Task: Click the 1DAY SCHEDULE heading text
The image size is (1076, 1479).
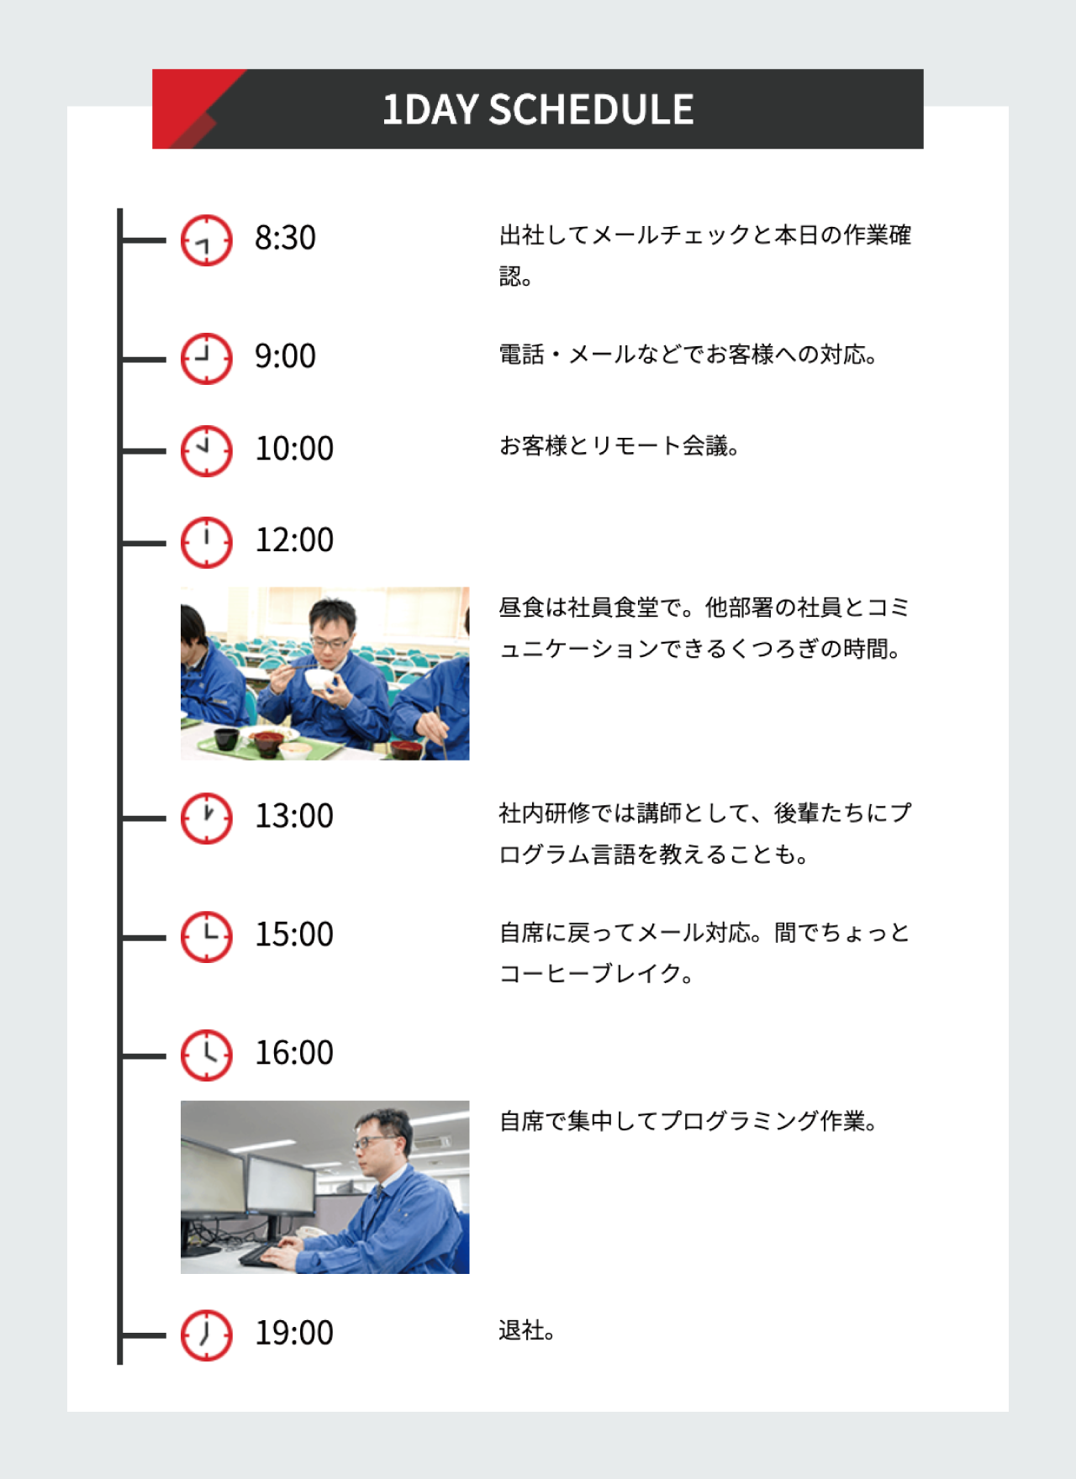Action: point(538,109)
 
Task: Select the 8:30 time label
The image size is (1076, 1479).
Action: point(286,238)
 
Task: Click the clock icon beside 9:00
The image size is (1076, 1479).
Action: point(206,359)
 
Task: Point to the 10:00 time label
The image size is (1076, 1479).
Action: point(294,449)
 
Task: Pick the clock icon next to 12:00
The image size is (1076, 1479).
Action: point(206,542)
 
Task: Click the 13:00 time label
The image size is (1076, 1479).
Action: point(294,816)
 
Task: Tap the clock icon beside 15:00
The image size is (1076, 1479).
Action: point(206,936)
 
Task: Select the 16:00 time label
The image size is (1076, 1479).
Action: point(294,1053)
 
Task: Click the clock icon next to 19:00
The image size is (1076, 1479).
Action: point(206,1334)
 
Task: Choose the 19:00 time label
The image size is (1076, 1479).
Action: point(294,1333)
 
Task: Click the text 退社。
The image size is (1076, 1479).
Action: point(526,1330)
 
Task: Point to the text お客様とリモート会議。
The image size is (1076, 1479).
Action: point(620,445)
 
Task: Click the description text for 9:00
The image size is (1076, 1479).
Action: point(688,355)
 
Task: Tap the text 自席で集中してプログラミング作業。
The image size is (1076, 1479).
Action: point(688,1121)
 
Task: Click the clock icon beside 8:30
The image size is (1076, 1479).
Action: point(206,240)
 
